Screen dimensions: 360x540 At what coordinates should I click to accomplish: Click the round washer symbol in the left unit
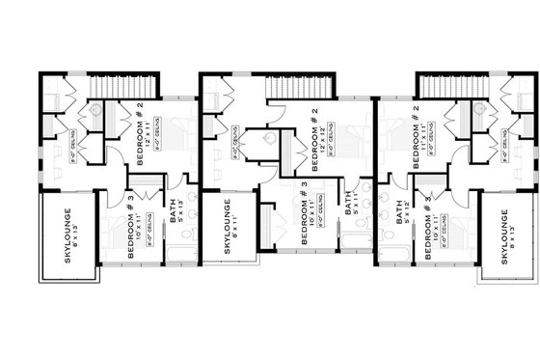coord(95,112)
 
